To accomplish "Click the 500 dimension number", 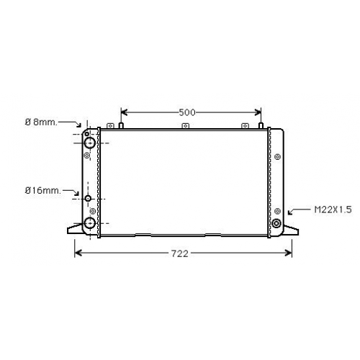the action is (x=187, y=112).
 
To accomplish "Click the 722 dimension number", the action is (x=179, y=253).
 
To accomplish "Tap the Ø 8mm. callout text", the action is (x=41, y=122).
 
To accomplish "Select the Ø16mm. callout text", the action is (x=43, y=191).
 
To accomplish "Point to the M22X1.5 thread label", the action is (x=333, y=210).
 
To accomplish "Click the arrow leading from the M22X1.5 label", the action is (x=299, y=211).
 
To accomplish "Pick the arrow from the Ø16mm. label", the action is (x=71, y=192).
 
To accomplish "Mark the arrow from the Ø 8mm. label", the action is (x=70, y=124).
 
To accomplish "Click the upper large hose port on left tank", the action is (x=90, y=143).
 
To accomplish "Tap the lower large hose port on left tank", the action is (x=90, y=223).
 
